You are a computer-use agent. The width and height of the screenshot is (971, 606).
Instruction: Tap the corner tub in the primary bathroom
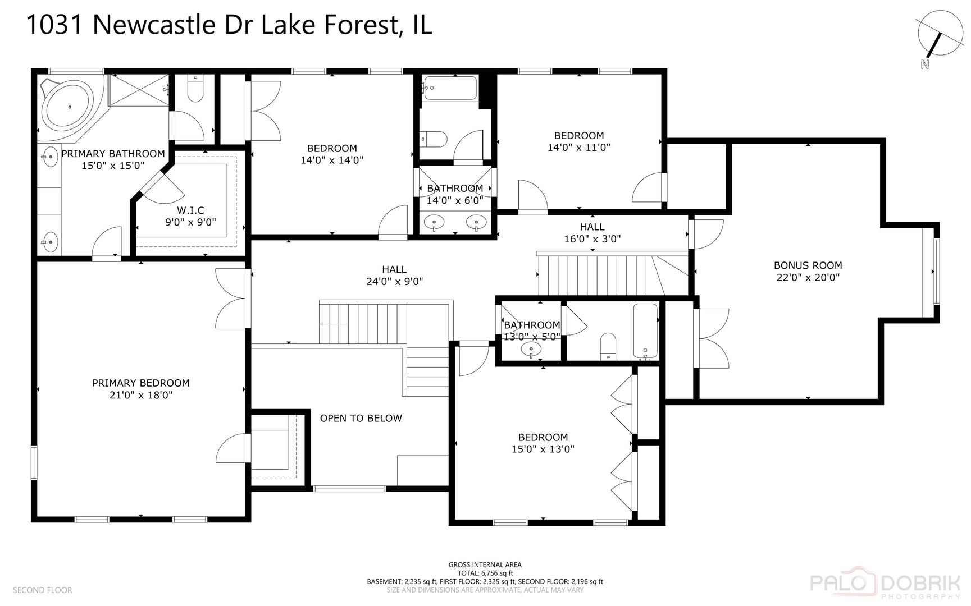tap(69, 107)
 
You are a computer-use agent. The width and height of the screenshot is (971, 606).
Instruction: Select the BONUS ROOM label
tap(808, 265)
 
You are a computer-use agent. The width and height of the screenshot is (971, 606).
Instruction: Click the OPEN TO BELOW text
tap(361, 418)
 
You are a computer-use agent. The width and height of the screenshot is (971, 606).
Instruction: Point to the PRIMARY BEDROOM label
tap(141, 383)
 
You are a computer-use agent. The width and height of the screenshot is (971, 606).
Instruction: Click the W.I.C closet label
tap(190, 210)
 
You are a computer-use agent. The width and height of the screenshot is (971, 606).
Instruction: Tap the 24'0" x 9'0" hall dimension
tap(394, 282)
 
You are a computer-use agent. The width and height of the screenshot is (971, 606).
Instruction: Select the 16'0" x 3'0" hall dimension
tap(592, 239)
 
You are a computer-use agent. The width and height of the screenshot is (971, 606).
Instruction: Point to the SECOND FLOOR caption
tap(43, 590)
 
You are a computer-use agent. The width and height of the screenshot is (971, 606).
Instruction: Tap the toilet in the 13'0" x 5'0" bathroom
tap(608, 346)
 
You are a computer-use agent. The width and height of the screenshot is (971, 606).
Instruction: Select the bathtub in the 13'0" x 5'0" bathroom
tap(645, 331)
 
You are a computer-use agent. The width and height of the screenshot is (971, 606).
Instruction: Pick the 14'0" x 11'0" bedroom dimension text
tap(578, 148)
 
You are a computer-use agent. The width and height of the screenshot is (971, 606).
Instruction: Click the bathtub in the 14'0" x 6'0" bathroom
tap(450, 88)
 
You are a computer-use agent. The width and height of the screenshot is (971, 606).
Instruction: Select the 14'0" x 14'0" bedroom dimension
tap(332, 160)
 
